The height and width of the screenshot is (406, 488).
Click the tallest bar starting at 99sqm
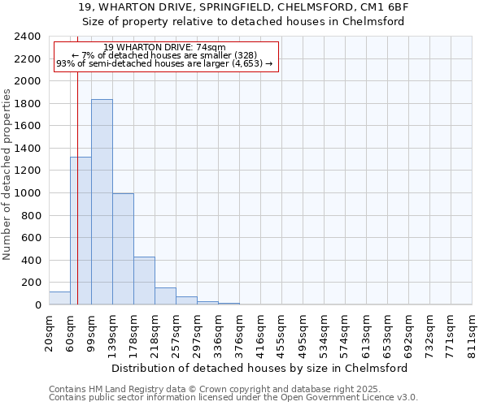tap(102, 202)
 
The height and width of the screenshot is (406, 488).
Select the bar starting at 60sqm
tap(81, 231)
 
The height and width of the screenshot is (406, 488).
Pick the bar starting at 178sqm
tap(144, 281)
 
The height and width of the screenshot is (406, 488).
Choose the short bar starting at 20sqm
tap(59, 298)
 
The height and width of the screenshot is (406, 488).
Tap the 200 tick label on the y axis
tap(32, 283)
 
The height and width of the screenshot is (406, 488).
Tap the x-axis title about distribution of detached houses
tap(260, 368)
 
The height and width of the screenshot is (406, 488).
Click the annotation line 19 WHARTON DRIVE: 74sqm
tap(165, 48)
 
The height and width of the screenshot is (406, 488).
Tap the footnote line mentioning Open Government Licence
tap(233, 398)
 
